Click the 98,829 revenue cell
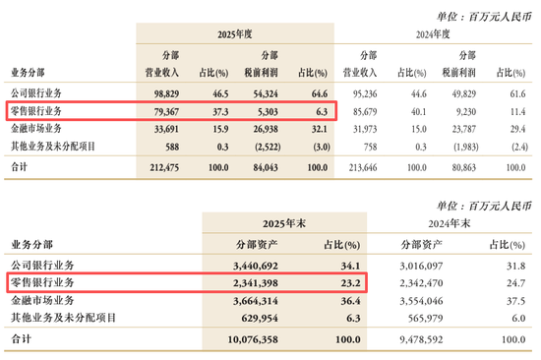tap(166, 93)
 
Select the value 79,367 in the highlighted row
tap(166, 112)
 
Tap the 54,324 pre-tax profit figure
tap(266, 93)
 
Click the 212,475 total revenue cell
tap(164, 168)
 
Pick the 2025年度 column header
tap(235, 34)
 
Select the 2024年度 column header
tap(433, 34)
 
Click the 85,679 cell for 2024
tap(365, 112)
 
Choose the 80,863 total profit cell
tap(463, 168)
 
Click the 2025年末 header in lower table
tap(284, 223)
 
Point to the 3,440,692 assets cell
tap(256, 266)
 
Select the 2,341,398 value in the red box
tap(256, 283)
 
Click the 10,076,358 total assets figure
tap(253, 339)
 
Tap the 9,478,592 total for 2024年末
tap(421, 339)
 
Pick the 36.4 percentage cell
tap(350, 301)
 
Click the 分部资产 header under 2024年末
tap(421, 245)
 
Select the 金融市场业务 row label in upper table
tap(36, 129)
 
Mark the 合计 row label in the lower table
tap(21, 339)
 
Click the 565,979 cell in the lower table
tap(425, 319)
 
